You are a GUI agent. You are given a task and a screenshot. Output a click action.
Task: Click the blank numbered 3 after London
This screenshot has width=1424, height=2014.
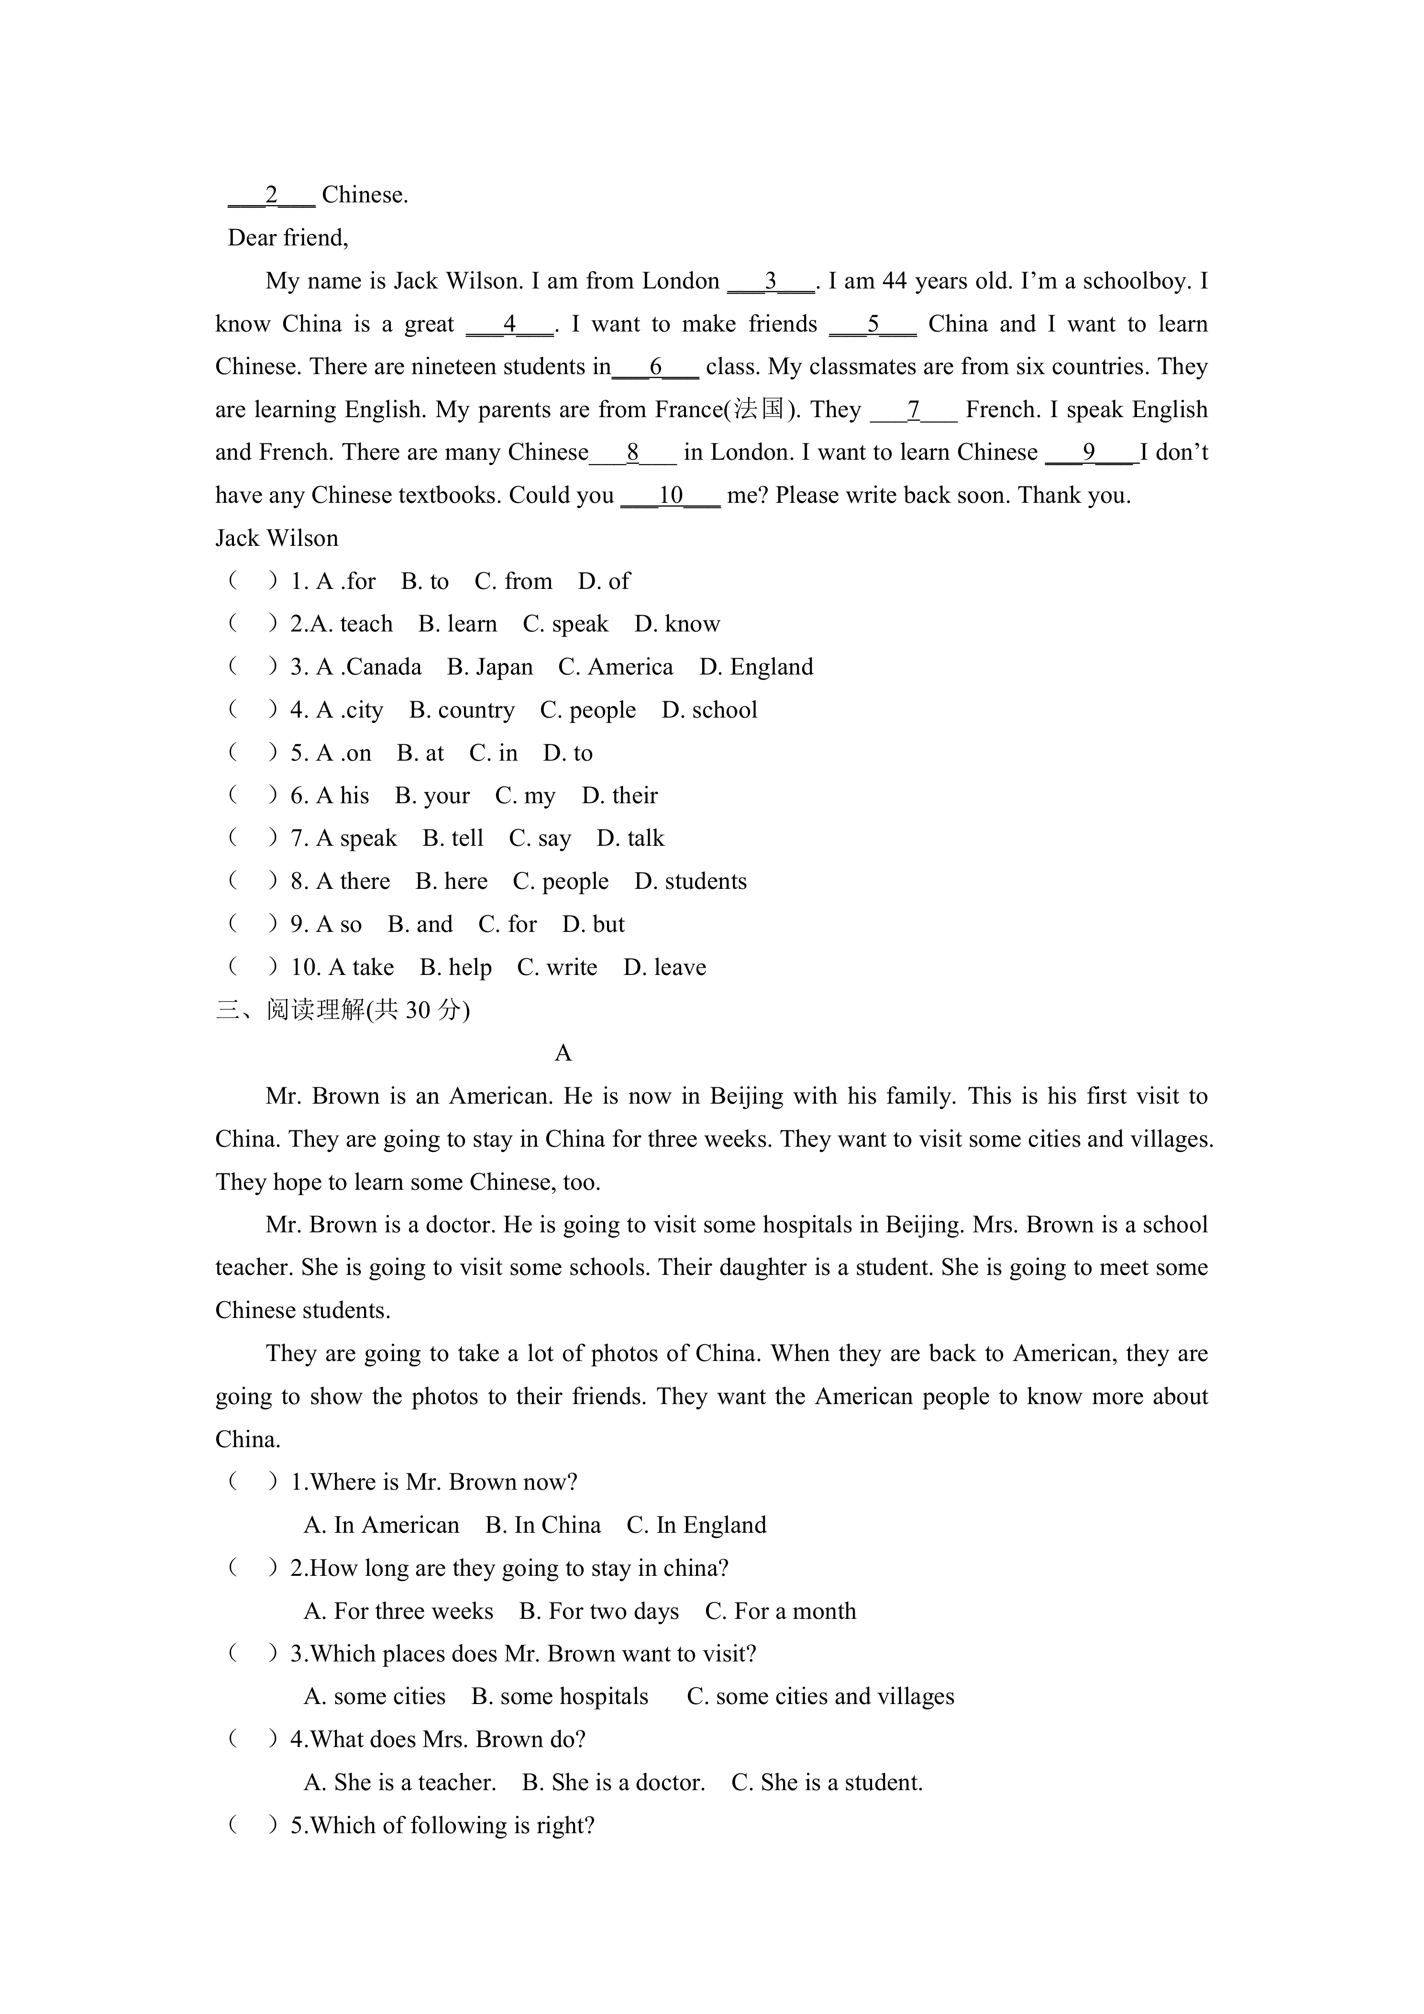point(771,282)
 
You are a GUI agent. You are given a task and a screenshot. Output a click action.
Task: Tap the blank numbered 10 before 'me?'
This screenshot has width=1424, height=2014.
point(670,496)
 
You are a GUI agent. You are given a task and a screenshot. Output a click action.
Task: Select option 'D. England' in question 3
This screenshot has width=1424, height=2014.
point(756,667)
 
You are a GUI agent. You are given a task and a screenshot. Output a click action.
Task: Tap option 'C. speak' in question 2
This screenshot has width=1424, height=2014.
point(565,625)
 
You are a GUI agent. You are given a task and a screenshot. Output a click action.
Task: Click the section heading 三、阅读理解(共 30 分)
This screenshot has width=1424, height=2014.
point(343,1010)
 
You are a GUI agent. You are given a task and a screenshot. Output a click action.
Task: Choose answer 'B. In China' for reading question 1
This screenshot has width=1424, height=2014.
point(543,1526)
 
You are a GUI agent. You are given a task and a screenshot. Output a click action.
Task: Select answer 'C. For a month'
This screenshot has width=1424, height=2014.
point(780,1611)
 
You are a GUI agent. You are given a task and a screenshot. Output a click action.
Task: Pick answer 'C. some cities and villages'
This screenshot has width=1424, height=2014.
point(820,1696)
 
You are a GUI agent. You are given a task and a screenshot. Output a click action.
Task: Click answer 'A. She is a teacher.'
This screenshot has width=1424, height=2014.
point(400,1782)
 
